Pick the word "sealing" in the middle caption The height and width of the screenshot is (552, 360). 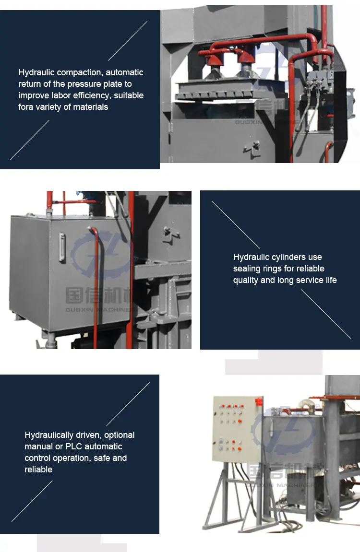coord(248,269)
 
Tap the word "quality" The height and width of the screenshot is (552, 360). coord(246,281)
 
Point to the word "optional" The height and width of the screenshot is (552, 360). coord(119,435)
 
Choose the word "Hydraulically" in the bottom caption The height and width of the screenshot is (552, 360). coord(49,435)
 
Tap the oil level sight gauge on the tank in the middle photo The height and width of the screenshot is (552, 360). coord(62,247)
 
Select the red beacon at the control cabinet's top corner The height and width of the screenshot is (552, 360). coord(261,399)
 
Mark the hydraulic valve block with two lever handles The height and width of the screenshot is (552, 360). coord(317,78)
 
